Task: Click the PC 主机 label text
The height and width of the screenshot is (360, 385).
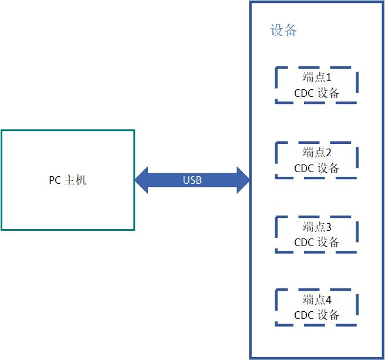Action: [67, 180]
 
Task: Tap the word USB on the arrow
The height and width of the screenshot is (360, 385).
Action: [192, 180]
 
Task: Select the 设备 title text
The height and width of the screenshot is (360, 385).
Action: [283, 31]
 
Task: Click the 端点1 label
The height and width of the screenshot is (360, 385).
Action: [317, 78]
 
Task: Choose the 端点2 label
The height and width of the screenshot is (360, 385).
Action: [317, 153]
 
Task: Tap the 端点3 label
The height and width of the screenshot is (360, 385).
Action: [317, 227]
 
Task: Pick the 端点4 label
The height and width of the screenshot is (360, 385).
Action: [317, 300]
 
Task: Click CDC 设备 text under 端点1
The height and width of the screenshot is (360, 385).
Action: [317, 93]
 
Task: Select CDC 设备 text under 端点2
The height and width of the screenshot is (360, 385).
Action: [317, 168]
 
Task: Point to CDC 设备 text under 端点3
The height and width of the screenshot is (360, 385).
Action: [317, 242]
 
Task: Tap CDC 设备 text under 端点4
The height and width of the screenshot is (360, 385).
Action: [317, 315]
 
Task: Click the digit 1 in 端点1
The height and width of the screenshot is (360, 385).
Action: [329, 78]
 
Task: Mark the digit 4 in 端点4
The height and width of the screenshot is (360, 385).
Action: [329, 300]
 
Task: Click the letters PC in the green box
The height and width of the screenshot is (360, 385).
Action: [54, 180]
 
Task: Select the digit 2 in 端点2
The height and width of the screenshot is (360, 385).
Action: [329, 153]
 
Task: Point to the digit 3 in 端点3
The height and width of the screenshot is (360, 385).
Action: [329, 227]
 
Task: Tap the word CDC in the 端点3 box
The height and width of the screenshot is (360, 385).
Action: [304, 242]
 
